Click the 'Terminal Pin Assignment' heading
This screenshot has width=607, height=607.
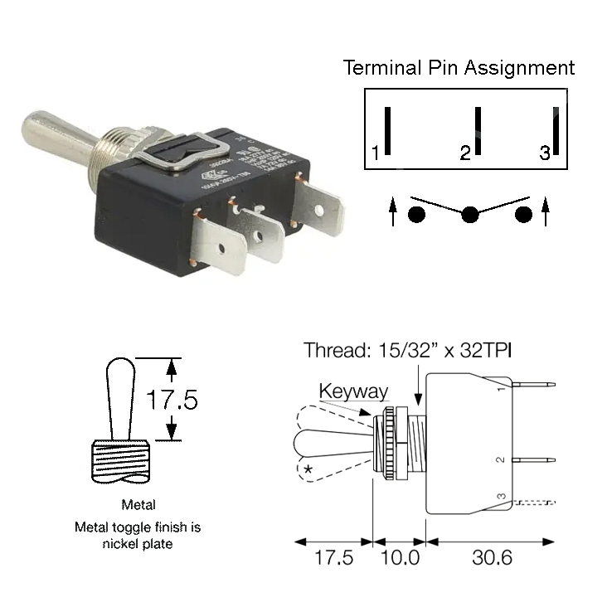tap(459, 67)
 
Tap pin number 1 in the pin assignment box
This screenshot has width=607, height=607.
tap(376, 153)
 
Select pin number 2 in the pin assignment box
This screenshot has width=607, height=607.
tap(465, 153)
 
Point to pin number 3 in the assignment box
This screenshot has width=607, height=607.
tap(544, 153)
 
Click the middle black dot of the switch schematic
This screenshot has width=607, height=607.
tap(470, 215)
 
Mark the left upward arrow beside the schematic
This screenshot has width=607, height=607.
tap(392, 211)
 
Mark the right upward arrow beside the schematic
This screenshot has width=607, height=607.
tap(545, 211)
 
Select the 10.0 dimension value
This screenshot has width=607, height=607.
tap(400, 557)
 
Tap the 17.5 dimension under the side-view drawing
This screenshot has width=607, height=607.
tap(333, 557)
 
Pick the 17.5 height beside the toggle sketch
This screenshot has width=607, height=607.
tap(172, 401)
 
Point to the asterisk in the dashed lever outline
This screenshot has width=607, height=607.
tap(308, 470)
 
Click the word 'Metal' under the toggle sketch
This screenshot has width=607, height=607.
tap(138, 504)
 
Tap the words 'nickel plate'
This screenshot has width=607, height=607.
tap(138, 545)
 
